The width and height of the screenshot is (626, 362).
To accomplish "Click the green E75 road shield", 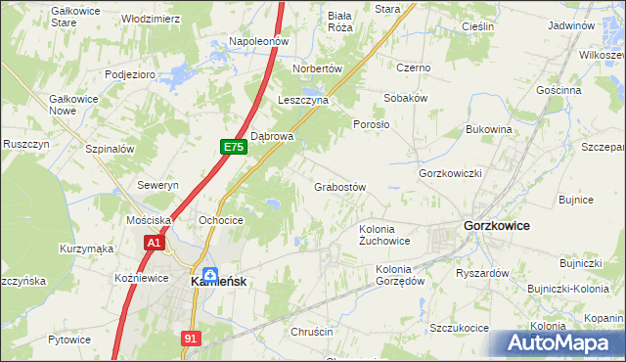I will point(233,147).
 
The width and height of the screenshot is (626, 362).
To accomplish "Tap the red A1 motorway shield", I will point(153,242).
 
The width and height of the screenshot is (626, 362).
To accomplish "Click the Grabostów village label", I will point(339,187).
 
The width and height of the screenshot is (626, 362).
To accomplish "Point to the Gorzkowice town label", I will point(496,225).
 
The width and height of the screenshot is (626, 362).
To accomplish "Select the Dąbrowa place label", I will point(273,136).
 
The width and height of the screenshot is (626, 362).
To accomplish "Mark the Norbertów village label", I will point(318,68).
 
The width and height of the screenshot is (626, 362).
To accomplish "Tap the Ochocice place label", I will point(220,220).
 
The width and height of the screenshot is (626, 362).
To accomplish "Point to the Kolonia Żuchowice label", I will point(384,234).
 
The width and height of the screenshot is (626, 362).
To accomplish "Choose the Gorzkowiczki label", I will point(451,173).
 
